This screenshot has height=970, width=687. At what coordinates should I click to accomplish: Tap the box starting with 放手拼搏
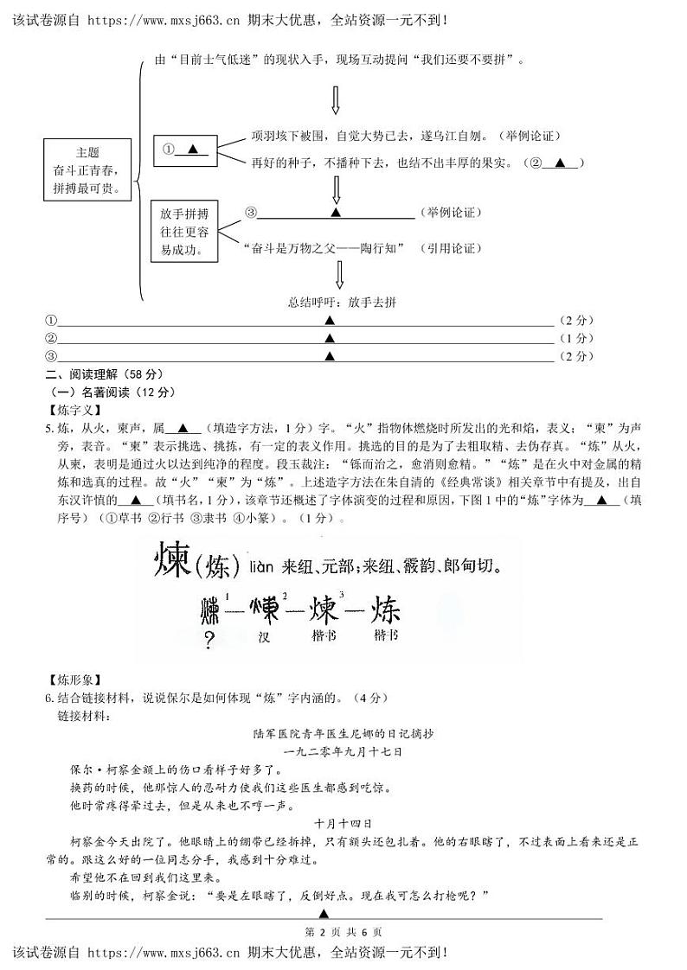(x=184, y=231)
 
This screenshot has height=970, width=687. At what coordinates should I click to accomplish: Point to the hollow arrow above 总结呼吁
(x=338, y=275)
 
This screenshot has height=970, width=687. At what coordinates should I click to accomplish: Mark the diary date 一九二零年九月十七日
(x=343, y=751)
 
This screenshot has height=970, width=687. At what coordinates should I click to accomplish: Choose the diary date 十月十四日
(x=343, y=822)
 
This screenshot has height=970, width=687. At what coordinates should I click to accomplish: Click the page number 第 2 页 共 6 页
(x=343, y=931)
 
